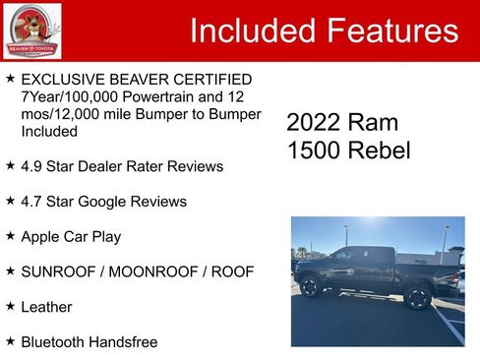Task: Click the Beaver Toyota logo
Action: coord(32,31)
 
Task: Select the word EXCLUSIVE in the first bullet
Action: coord(67,79)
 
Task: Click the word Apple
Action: coord(42,237)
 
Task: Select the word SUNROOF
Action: coord(57,271)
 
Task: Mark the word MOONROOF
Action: coord(151,271)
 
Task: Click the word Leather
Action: coord(46,307)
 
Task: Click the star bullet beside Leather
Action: coord(10,306)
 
